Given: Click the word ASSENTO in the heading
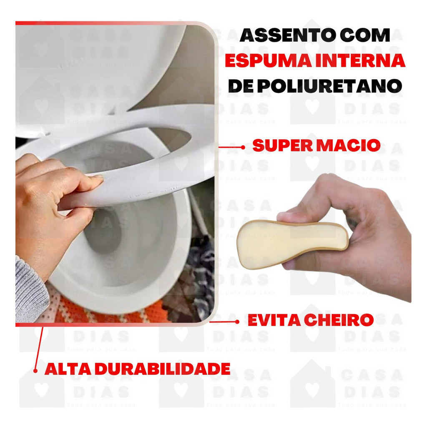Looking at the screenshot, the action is tap(284, 36).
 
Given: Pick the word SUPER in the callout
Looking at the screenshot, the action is tap(283, 146).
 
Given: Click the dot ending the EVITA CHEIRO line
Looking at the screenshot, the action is tap(237, 322).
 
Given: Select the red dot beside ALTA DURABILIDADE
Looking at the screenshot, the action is tap(35, 371).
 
